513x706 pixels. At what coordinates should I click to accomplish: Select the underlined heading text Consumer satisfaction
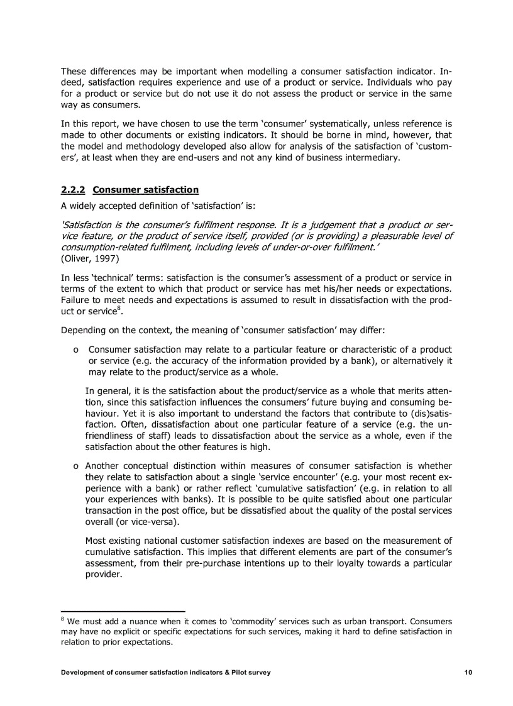point(145,190)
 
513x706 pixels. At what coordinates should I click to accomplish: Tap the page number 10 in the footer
point(468,672)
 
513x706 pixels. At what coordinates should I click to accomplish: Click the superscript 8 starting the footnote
point(63,619)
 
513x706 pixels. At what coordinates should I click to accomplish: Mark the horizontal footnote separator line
point(123,610)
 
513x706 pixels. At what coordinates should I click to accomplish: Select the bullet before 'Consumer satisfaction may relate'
point(75,350)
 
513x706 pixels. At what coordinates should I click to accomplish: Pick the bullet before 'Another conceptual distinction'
point(75,466)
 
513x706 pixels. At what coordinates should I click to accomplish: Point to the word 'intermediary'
point(370,158)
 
